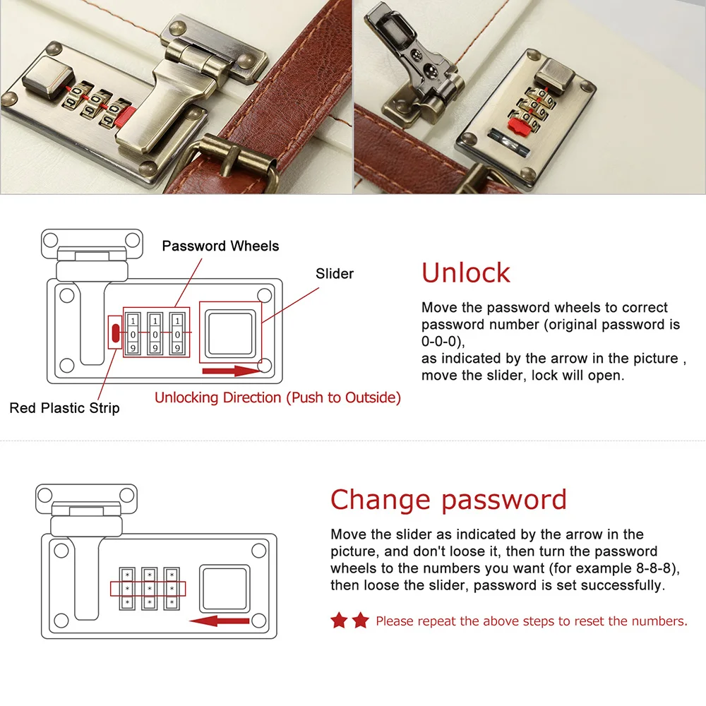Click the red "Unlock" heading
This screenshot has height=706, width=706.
[x=465, y=273]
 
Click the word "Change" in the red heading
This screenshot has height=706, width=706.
[x=381, y=500]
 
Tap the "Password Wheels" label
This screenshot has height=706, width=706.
[x=220, y=246]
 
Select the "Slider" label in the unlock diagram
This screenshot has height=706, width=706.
[x=335, y=274]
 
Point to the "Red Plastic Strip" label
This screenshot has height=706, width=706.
[x=65, y=408]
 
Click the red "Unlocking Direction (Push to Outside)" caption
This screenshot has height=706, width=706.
[x=277, y=397]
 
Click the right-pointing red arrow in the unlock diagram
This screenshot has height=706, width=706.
[x=232, y=371]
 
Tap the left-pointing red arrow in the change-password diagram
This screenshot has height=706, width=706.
[x=220, y=621]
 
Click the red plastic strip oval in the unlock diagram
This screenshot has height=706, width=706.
[x=116, y=333]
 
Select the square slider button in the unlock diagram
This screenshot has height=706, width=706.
[x=231, y=333]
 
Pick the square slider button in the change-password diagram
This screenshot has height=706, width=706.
[x=225, y=589]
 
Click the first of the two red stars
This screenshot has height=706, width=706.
[x=339, y=621]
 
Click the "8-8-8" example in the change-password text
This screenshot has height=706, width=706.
[x=653, y=568]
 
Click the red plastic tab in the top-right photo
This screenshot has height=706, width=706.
[x=518, y=125]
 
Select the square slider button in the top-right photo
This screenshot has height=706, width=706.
[x=557, y=76]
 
